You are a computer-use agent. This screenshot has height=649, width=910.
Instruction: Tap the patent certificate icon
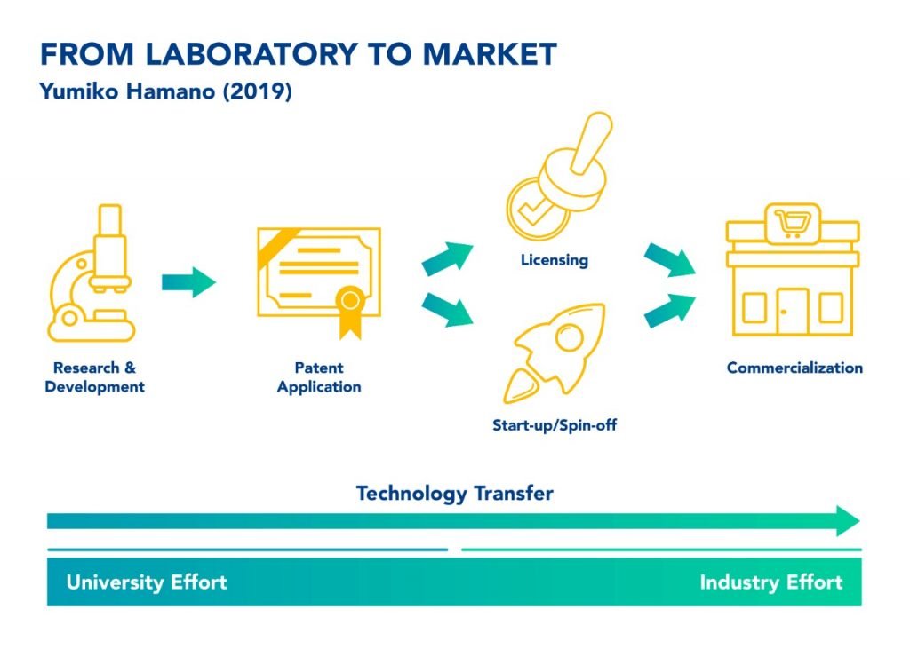point(319,277)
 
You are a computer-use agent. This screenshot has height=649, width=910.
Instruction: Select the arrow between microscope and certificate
point(188,282)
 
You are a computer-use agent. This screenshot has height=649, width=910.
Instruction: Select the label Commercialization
point(794,368)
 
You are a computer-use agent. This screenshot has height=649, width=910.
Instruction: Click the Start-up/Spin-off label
point(555,425)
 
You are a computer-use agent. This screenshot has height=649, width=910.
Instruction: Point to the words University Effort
point(147,583)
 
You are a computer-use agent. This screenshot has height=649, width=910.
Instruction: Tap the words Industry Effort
point(770,583)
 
